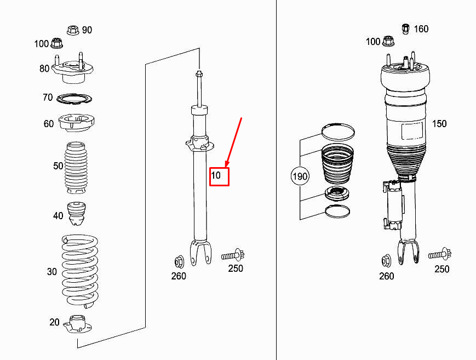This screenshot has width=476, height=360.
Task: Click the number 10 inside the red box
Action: pos(216,176)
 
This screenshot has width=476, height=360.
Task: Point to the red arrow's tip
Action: pos(226,166)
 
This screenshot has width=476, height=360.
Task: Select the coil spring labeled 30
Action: pos(80,271)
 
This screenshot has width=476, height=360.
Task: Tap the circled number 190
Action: pos(300,176)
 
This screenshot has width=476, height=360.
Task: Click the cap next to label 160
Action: pos(406,28)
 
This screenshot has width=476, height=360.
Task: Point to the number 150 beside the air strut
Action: pos(439,124)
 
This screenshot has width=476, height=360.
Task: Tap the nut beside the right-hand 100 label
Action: pos(388,41)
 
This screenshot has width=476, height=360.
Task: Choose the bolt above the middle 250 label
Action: pos(233,255)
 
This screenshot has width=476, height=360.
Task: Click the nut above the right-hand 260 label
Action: pos(386,260)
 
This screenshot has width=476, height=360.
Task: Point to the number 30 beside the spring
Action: pos(52,272)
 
